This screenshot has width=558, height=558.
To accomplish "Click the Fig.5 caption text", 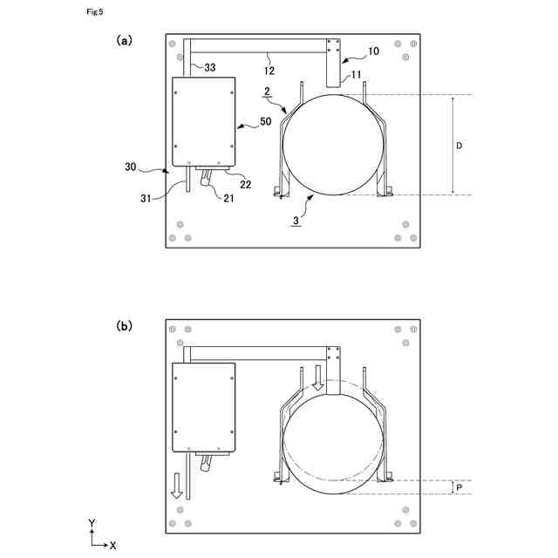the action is pos(95,11).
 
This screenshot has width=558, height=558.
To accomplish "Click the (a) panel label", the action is pos(124,40).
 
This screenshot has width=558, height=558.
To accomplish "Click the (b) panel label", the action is pos(124,325).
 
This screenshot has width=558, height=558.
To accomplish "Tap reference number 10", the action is pos(373,51).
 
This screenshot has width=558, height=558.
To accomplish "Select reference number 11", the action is pos(356,75).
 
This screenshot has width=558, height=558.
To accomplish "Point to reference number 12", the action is pos(269,71).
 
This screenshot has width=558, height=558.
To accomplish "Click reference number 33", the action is pos(209,67).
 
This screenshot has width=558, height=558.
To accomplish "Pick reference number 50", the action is pos(265,121).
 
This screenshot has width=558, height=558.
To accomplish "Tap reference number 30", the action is pos(131,167).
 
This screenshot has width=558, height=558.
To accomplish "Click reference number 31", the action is pos(146,198).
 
